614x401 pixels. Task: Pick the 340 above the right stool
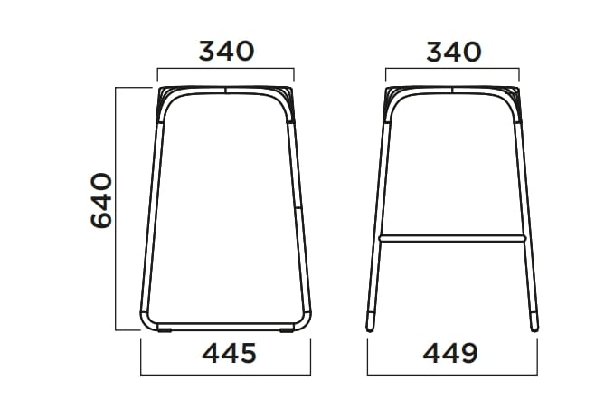click(x=453, y=51)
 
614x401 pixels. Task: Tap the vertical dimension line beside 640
click(x=118, y=208)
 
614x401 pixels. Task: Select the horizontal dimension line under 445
click(x=226, y=374)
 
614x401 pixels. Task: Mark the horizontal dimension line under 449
click(x=452, y=374)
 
